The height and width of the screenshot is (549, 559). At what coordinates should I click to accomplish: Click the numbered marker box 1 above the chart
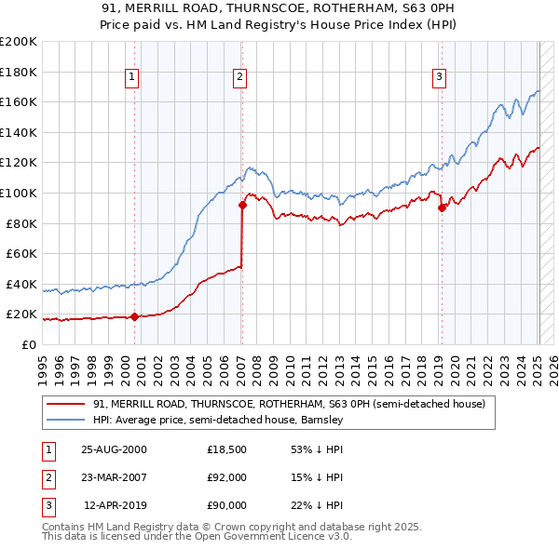click(x=133, y=77)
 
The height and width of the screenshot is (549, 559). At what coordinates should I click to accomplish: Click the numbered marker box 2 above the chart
click(x=240, y=77)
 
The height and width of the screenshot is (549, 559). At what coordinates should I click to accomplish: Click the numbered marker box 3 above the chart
click(x=439, y=77)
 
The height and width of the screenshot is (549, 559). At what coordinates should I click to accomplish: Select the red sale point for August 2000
click(x=134, y=316)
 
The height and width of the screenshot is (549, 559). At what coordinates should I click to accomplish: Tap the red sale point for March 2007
click(x=242, y=206)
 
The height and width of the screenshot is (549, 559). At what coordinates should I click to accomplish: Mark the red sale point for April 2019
click(x=442, y=208)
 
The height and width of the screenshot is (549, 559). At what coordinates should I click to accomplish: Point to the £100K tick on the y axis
click(x=19, y=193)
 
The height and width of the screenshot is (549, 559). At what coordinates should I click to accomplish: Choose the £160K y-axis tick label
click(x=19, y=101)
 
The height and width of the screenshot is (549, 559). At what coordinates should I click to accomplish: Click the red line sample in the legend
click(x=66, y=405)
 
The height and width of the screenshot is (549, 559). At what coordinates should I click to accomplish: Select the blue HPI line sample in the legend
click(x=66, y=421)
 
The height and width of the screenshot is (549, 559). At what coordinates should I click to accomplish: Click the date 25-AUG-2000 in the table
click(x=114, y=449)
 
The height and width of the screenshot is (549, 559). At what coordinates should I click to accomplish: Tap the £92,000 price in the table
click(x=226, y=477)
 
